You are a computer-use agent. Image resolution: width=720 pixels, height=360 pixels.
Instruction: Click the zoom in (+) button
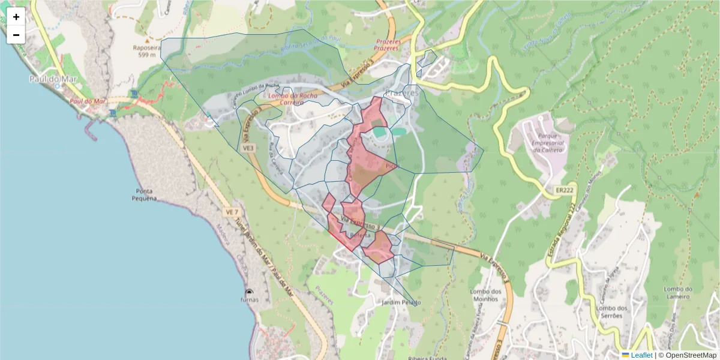coord(16,17)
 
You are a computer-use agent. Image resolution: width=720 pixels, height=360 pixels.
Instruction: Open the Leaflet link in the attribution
coord(641,355)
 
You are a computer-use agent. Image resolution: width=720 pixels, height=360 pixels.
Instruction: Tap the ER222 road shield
coord(563,190)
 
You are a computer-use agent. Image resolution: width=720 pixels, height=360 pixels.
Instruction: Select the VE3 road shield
coord(248,147)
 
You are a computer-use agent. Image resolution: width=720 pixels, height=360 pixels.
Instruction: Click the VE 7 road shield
coord(232,212)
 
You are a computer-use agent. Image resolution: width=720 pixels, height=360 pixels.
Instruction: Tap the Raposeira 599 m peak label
coord(147,51)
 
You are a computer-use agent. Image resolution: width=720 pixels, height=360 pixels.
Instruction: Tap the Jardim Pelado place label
coord(401,302)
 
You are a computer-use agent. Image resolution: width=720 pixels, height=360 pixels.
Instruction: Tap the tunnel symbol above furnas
coord(250,292)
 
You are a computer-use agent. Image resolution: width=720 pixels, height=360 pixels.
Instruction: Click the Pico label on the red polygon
coord(391,166)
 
